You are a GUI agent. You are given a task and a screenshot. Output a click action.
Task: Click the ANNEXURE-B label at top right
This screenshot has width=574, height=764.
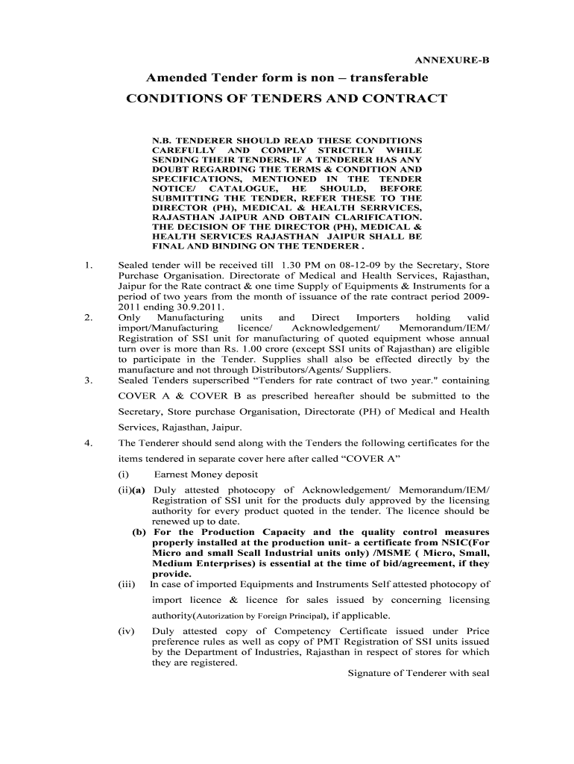click(x=452, y=60)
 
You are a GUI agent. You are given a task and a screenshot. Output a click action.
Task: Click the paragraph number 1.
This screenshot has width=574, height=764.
click(x=88, y=264)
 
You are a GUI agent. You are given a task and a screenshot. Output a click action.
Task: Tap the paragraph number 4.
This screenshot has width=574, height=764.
click(x=88, y=443)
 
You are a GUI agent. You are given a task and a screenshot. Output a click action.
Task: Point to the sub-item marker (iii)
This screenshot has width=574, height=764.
click(x=126, y=584)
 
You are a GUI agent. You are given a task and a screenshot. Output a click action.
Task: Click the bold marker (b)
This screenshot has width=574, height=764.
click(x=139, y=532)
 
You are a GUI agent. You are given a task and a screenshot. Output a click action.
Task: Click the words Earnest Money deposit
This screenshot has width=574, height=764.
click(x=206, y=475)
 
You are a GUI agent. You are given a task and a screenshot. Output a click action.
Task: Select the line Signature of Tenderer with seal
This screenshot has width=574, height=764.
click(x=418, y=673)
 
